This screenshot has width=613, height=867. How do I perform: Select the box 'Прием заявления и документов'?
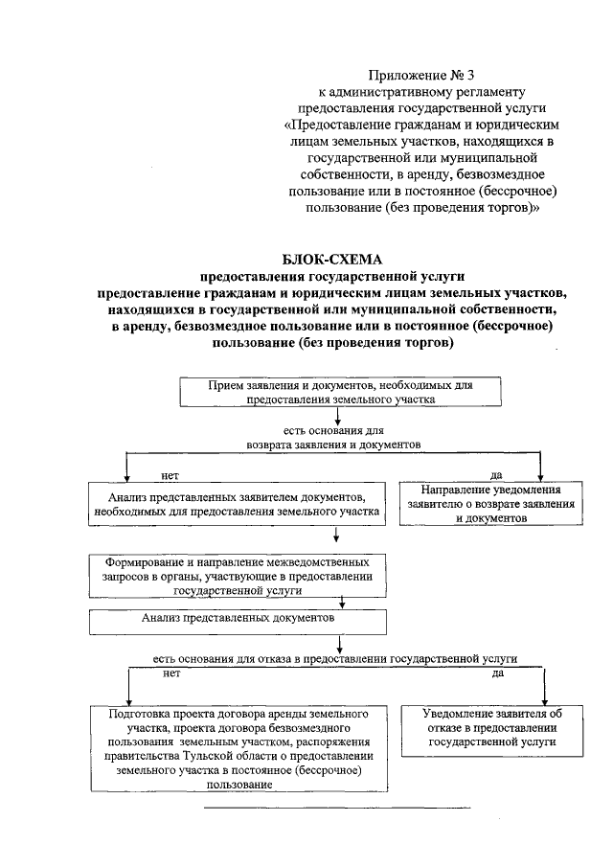340,391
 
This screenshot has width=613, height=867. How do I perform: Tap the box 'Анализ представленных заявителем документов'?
234,504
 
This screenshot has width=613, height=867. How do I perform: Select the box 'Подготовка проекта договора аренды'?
234,748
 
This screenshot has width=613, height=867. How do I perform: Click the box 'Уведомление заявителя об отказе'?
492,728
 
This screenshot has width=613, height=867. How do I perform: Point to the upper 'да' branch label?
496,474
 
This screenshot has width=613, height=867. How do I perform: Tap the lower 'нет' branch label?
172,673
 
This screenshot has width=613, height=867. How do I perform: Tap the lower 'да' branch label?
498,673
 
